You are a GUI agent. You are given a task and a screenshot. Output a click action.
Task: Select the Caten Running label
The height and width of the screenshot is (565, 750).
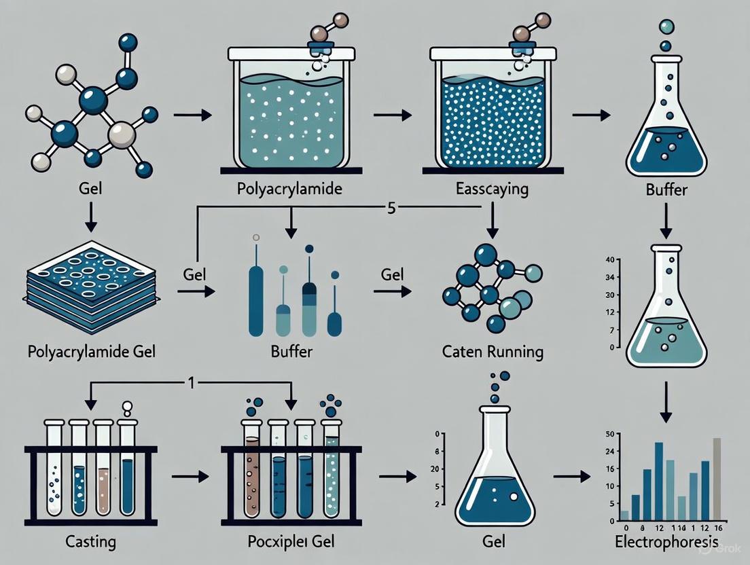[493, 352]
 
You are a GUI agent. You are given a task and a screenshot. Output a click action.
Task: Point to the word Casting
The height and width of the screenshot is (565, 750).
[92, 542]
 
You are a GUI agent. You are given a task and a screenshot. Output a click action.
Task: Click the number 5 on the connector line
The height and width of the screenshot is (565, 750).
[391, 207]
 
